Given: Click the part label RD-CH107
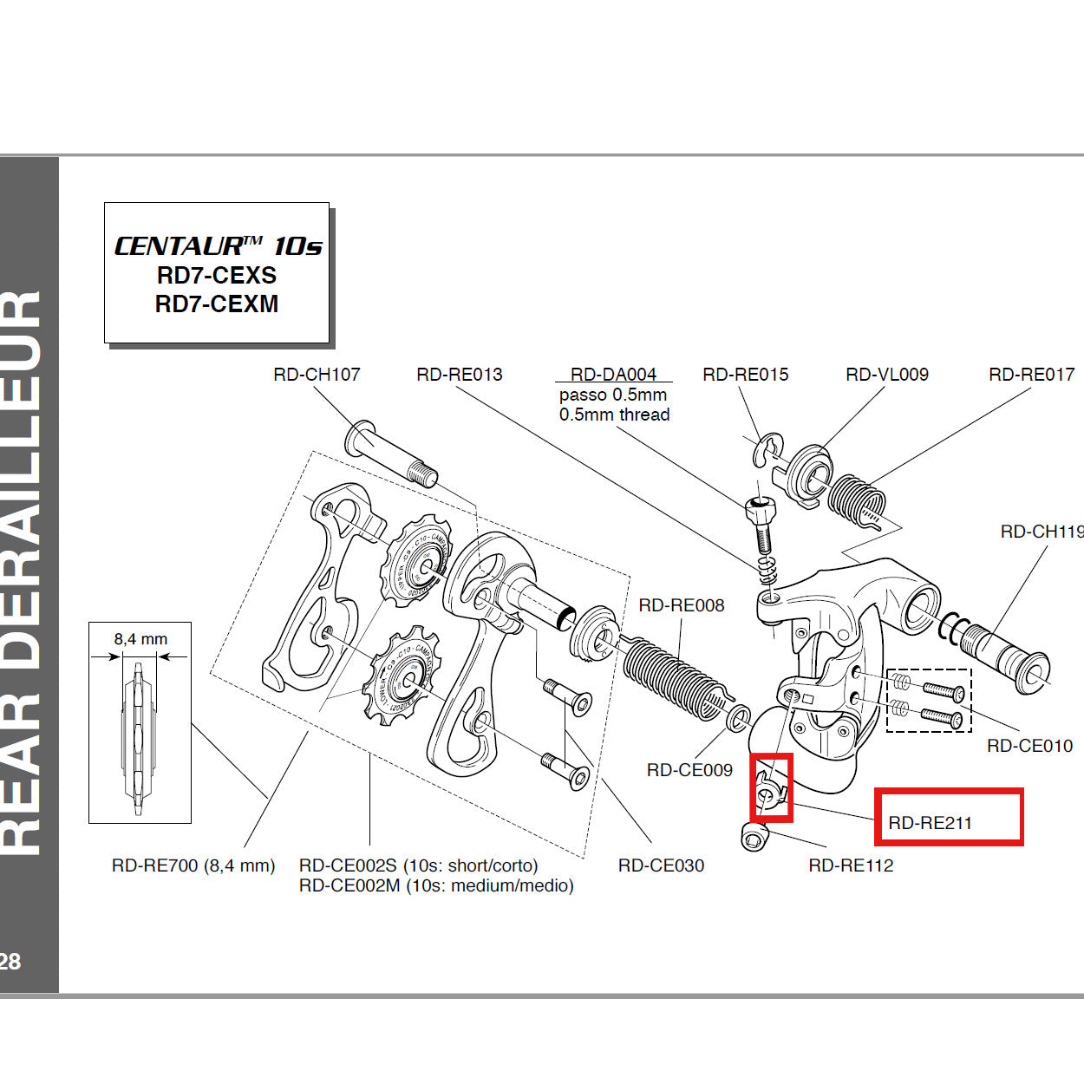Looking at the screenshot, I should pos(317,375).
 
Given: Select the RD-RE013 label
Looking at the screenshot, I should pos(459,375).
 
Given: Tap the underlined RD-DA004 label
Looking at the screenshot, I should pos(613,375).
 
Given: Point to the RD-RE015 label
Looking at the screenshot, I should pos(745,375).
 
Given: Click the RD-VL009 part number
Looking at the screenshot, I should pos(886,375).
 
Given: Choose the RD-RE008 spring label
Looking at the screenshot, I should pos(681,605).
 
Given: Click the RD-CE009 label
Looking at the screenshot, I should pos(689,770).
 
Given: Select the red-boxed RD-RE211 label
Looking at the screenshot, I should pos(930,823).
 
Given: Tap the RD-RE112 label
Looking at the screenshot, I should pos(850,865).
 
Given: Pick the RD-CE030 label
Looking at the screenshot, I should pos(661,865).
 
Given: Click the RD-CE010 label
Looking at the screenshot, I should pos(1029,746).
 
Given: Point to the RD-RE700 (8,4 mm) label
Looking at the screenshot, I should pos(193,865).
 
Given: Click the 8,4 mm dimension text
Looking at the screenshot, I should pos(140,639).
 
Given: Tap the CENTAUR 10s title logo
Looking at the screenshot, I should pos(218,246).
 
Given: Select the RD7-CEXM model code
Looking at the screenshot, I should pos(217,304).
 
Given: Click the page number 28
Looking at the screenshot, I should pos(10,961).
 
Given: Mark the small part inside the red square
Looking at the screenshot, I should pos(769,790).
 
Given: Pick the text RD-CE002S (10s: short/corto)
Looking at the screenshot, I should pos(418,865).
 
